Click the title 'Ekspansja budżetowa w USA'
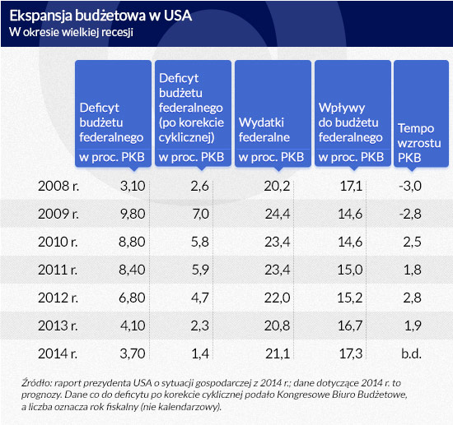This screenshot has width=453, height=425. pos(100,16)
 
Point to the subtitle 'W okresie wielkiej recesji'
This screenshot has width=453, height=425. pos(71,32)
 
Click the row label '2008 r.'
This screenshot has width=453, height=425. pos(58,186)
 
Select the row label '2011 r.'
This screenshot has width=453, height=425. pos(58,270)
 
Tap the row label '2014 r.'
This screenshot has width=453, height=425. pos(58,353)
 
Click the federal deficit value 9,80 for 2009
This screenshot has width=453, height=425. pos(133,214)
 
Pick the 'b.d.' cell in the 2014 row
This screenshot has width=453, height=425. pos(411,353)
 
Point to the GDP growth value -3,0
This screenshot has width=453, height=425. pos(410,186)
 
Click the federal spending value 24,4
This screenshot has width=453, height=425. pos(278,214)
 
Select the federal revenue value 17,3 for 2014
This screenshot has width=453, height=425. pos(350,353)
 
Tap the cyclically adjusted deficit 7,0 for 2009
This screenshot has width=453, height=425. pos(200,214)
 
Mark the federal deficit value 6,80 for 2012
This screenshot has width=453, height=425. pos(132,298)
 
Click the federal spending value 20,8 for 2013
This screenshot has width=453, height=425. pos(277,326)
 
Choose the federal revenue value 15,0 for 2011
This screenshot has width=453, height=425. pos(350,270)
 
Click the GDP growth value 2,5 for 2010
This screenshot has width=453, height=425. pos(413,242)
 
